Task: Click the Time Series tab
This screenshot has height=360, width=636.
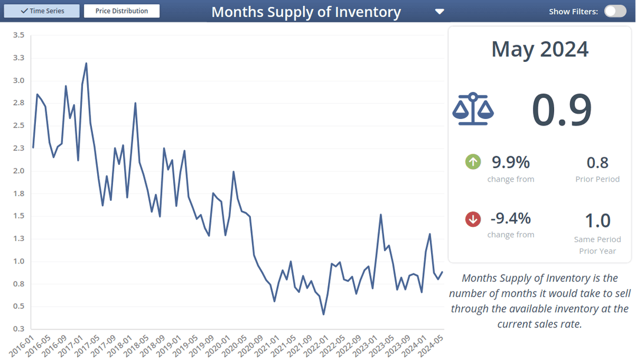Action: pos(42,11)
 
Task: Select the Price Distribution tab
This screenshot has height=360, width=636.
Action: pos(122,11)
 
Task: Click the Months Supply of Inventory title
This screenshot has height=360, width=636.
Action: pos(306,12)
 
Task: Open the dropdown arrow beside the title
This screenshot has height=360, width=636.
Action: pos(439,12)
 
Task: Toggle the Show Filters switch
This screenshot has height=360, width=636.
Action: pos(615,11)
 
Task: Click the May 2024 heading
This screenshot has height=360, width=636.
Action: pos(540,49)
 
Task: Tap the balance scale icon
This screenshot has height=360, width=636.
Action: pos(473,109)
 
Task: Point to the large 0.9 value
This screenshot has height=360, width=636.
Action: pos(561,110)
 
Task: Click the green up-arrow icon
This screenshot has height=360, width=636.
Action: pos(473,161)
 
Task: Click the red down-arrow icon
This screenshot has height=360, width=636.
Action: pos(473,219)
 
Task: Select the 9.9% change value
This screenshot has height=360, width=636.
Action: pos(511,161)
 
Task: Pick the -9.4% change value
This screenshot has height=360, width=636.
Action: pos(511,219)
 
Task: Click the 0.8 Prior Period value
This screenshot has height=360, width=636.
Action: pos(597,163)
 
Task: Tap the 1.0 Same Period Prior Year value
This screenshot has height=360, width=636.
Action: pos(597,220)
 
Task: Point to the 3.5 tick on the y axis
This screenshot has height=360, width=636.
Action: pos(19,35)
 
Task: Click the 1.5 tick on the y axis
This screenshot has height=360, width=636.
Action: pos(19,216)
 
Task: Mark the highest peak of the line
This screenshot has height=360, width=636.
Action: pos(87,63)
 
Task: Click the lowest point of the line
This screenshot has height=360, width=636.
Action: pos(323,314)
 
